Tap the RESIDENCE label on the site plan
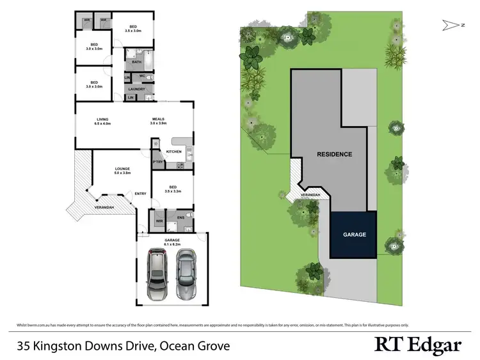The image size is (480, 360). (333, 155)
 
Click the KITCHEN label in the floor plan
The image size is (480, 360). (174, 152)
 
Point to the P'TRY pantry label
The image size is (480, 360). (157, 162)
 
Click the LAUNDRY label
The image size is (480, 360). (138, 89)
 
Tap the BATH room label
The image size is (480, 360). (137, 63)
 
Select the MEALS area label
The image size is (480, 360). (159, 118)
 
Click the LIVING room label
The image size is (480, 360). (103, 118)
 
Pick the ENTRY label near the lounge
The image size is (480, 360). (140, 194)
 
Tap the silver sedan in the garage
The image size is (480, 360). (186, 274)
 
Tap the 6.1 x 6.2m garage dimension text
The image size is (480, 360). (172, 244)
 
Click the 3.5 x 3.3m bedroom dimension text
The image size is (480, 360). (173, 191)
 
